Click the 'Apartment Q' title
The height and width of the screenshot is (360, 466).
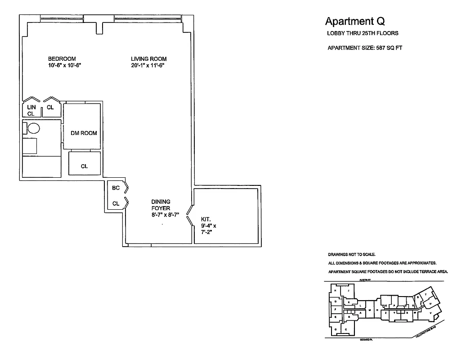(355, 21)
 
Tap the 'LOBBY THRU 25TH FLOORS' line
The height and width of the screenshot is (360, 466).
(362, 33)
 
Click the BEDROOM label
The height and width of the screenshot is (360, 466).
(62, 59)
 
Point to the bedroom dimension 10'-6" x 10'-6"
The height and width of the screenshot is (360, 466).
(64, 66)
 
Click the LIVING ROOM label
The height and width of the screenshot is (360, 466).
(149, 59)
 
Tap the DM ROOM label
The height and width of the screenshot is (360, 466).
(84, 133)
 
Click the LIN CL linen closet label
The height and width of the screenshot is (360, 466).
(31, 110)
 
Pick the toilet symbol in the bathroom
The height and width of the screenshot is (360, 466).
(34, 129)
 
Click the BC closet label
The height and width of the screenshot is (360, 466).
(116, 188)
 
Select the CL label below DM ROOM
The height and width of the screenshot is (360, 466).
(84, 166)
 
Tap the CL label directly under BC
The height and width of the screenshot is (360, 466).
(116, 203)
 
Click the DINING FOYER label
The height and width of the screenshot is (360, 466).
(161, 205)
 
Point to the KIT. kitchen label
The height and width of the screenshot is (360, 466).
(206, 219)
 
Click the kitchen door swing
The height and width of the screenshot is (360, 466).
(190, 215)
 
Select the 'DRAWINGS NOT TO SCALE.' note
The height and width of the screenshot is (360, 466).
(351, 254)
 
